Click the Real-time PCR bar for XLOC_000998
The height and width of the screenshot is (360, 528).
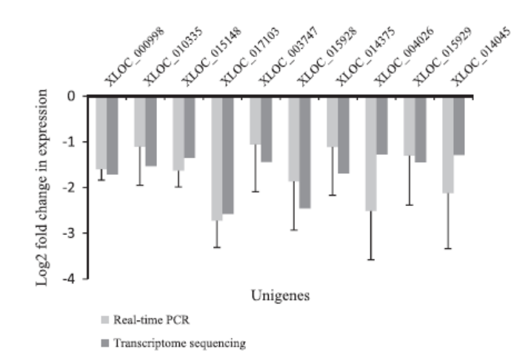click(101, 132)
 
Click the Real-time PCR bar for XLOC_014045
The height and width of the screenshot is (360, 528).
click(447, 144)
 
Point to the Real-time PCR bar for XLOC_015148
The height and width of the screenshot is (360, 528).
click(178, 133)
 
